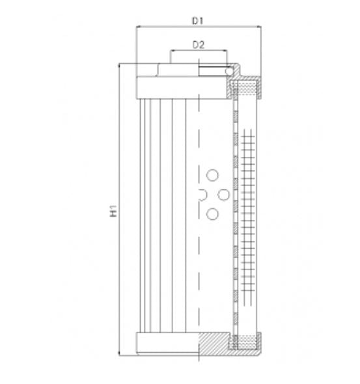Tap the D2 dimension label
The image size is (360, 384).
pos(199,44)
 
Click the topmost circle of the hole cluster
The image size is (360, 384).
pos(212,174)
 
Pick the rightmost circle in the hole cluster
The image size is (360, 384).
pos(223,194)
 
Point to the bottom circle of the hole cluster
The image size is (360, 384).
pos(212,213)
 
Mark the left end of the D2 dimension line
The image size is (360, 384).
pos(171,51)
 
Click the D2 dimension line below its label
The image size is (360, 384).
pos(199,51)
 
